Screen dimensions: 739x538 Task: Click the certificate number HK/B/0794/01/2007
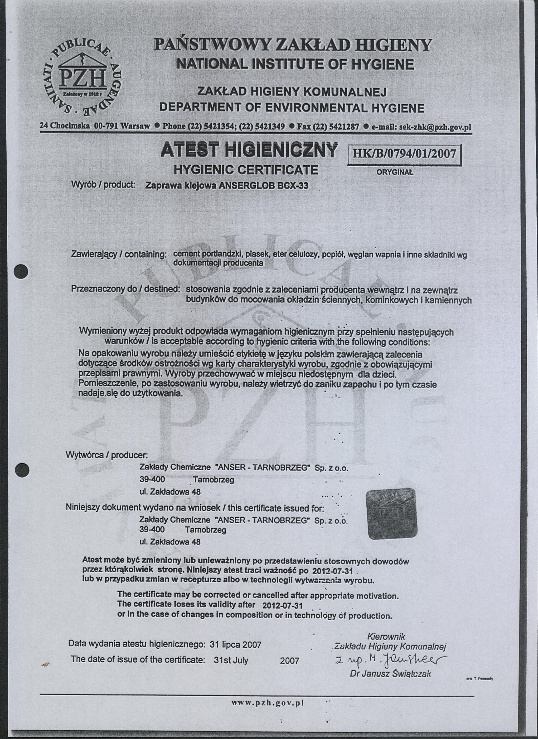tap(405, 154)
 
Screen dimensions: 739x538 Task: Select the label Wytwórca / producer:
tap(107, 455)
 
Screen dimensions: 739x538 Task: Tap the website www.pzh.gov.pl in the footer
tap(267, 703)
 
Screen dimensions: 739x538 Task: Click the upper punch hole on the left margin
tap(22, 271)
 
